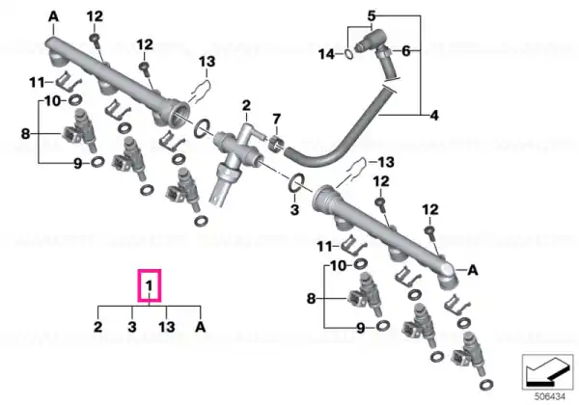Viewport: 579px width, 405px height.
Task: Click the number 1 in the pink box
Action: [x=150, y=285]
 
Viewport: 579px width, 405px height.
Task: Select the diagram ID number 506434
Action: [x=550, y=397]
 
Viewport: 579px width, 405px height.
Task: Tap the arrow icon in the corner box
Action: [x=547, y=372]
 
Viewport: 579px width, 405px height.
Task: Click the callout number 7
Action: [x=277, y=120]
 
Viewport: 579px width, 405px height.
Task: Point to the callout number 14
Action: [x=326, y=54]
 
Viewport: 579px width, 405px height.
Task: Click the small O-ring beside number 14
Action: [x=348, y=54]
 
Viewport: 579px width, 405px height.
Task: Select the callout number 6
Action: [x=406, y=50]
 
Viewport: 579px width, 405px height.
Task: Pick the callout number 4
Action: [x=434, y=116]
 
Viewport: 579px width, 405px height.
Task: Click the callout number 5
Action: [x=372, y=15]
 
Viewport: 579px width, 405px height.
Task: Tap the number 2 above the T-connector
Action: [x=246, y=105]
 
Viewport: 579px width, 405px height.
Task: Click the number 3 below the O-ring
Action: [x=294, y=210]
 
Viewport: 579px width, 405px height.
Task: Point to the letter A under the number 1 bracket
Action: [x=200, y=327]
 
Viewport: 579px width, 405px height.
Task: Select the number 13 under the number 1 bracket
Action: [x=167, y=327]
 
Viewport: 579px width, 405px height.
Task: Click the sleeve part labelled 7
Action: [x=277, y=145]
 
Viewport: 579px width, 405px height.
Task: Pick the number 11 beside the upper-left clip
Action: [x=37, y=82]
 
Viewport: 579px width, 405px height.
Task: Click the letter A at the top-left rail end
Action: [x=53, y=16]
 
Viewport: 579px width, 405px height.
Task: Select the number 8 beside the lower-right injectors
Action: [x=312, y=298]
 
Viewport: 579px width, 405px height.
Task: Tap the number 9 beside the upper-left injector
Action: [x=77, y=163]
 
